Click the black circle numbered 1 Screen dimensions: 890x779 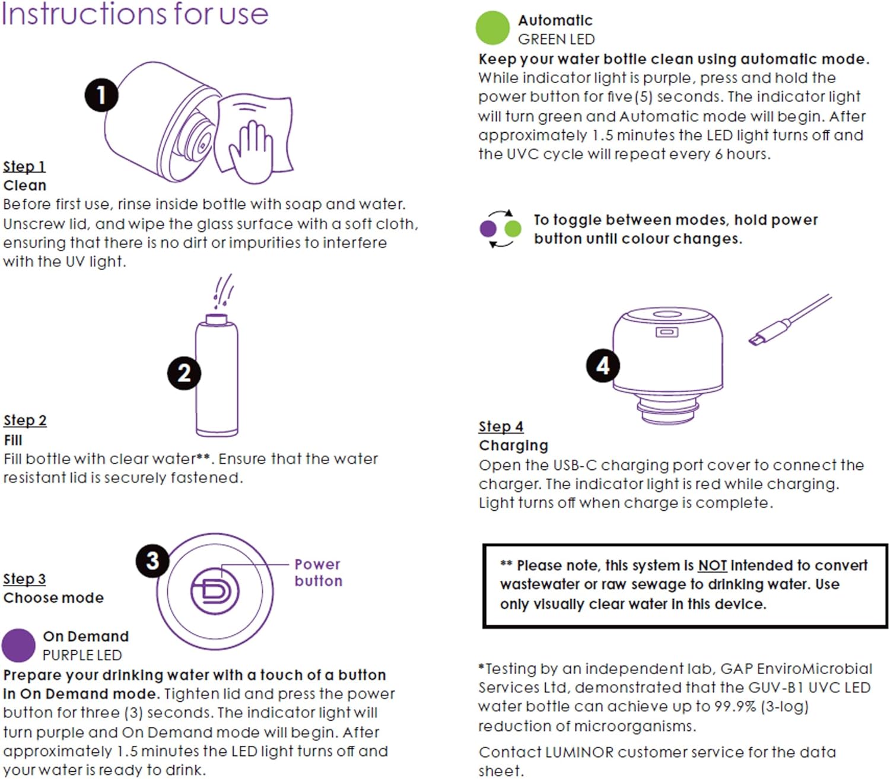pyautogui.click(x=101, y=95)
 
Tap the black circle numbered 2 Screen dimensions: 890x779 pyautogui.click(x=184, y=373)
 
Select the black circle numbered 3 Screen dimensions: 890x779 pyautogui.click(x=152, y=561)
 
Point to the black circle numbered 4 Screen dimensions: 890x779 pyautogui.click(x=603, y=365)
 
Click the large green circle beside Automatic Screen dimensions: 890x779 pyautogui.click(x=492, y=28)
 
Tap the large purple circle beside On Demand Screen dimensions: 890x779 pyautogui.click(x=18, y=646)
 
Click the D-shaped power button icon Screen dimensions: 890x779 pyautogui.click(x=215, y=591)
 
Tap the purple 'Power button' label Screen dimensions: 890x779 pyautogui.click(x=319, y=573)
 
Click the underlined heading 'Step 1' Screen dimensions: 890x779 pyautogui.click(x=24, y=167)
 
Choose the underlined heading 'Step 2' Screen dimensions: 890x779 pyautogui.click(x=26, y=421)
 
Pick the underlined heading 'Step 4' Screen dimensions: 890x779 pyautogui.click(x=501, y=427)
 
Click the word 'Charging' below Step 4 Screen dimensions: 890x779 pyautogui.click(x=513, y=446)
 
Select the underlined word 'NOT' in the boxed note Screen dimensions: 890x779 pyautogui.click(x=713, y=565)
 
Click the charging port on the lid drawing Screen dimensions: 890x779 pyautogui.click(x=666, y=333)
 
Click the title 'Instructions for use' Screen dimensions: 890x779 pyautogui.click(x=135, y=14)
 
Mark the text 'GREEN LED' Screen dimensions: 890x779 pyautogui.click(x=557, y=40)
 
